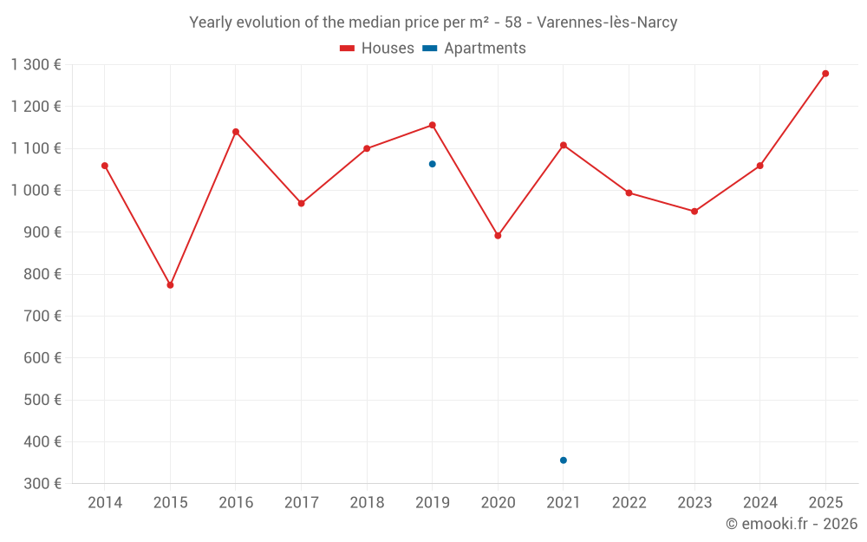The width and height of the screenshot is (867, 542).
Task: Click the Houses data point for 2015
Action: coord(170,285)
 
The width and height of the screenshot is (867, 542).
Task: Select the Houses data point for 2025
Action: coord(825,74)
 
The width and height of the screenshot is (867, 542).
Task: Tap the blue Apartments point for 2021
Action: coord(564,460)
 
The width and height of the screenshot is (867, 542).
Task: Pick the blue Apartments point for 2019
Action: coord(433,164)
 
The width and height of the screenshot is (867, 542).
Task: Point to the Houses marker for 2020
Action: coord(498,236)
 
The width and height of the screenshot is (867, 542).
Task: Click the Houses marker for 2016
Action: coord(236,132)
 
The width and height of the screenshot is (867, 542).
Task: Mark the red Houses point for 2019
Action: coord(433,125)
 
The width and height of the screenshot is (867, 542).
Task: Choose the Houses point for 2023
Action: coord(694,212)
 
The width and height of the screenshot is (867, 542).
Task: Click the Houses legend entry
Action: coord(377,49)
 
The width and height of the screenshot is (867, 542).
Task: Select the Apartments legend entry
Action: coord(474,49)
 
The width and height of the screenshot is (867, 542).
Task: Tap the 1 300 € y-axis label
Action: coord(36,65)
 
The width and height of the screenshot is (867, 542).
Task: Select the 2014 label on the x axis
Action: coord(105,503)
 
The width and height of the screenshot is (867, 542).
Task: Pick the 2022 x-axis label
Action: coord(629,503)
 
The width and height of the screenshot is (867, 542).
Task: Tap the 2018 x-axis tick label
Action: coord(367,503)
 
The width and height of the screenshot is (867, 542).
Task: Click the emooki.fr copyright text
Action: coord(792,524)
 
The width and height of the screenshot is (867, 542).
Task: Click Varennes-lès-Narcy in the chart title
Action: coord(607,23)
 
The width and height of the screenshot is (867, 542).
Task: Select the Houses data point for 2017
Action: coord(302,204)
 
